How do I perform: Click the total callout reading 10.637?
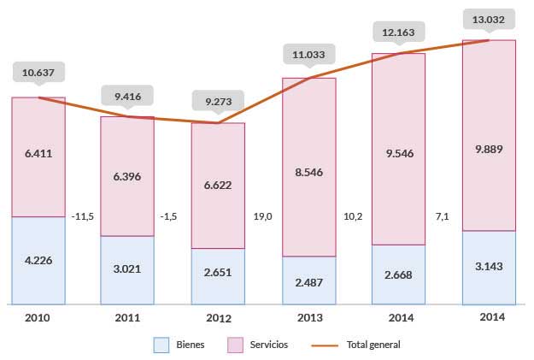coord(39,72)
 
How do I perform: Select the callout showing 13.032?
coord(489,18)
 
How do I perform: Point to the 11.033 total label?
coord(308,53)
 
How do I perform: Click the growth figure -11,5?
coord(83,216)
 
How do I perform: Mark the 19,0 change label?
coord(262,216)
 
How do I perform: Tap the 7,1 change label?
coord(442,216)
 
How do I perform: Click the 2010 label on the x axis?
coord(38,318)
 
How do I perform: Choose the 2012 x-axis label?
coord(218,318)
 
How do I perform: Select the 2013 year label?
coord(308,318)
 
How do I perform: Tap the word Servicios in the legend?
coord(270,345)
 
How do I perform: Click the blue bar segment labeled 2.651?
coord(218,276)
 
